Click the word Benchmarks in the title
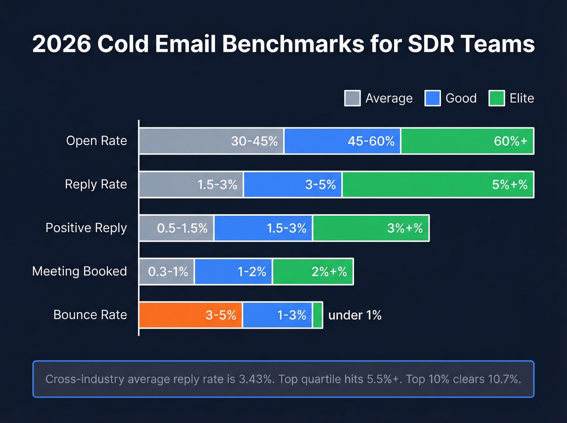click(x=293, y=44)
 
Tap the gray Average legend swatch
click(x=352, y=98)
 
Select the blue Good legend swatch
click(x=433, y=98)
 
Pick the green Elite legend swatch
click(x=497, y=98)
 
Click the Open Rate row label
click(x=96, y=141)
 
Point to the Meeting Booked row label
click(x=79, y=271)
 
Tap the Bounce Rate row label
click(x=90, y=315)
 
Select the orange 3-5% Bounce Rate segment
click(x=191, y=315)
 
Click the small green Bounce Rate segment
click(x=318, y=315)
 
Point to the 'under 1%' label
click(x=355, y=315)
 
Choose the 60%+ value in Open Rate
click(x=510, y=141)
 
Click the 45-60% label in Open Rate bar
click(x=371, y=141)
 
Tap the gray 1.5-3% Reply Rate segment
click(x=191, y=185)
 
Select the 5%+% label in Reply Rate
click(x=509, y=185)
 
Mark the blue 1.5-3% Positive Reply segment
click(x=263, y=228)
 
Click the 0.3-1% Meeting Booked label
click(x=168, y=272)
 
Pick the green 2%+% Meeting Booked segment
click(x=313, y=272)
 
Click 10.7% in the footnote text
click(x=504, y=379)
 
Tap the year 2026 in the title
click(x=62, y=44)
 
